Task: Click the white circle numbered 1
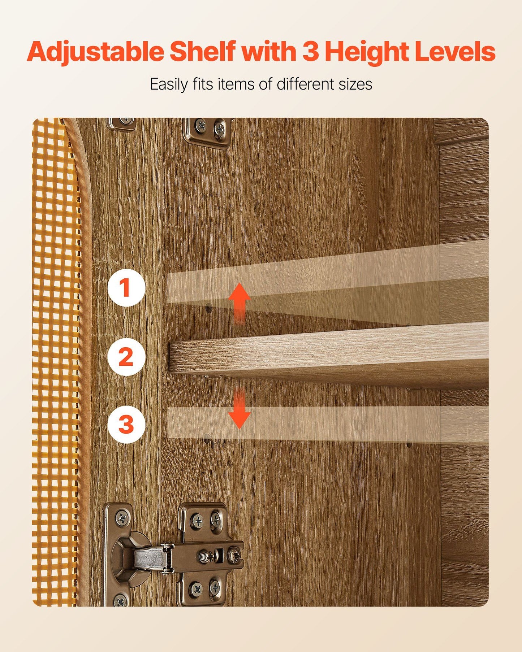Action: [x=126, y=288]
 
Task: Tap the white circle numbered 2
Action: [x=126, y=357]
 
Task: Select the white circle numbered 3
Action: [x=126, y=424]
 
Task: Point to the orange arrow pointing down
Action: [x=239, y=409]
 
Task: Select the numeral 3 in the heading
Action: [x=311, y=51]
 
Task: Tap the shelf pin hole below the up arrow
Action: [x=209, y=309]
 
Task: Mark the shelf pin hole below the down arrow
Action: [x=207, y=440]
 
